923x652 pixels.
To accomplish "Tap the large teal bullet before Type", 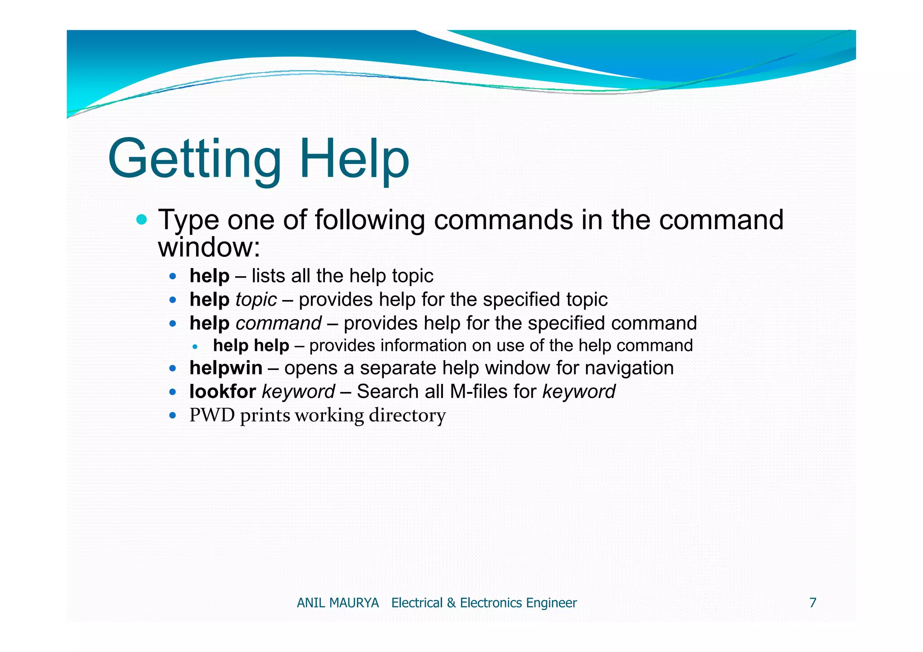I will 142,220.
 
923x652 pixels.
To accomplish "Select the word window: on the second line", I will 209,247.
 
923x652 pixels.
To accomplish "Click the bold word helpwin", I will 226,368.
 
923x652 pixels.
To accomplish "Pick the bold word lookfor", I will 223,392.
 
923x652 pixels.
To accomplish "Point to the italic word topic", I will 256,300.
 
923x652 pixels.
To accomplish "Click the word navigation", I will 629,368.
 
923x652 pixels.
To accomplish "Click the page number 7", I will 813,603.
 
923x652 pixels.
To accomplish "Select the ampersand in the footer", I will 451,603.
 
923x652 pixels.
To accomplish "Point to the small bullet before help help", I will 195,347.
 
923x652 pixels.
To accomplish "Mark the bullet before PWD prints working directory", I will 173,415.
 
